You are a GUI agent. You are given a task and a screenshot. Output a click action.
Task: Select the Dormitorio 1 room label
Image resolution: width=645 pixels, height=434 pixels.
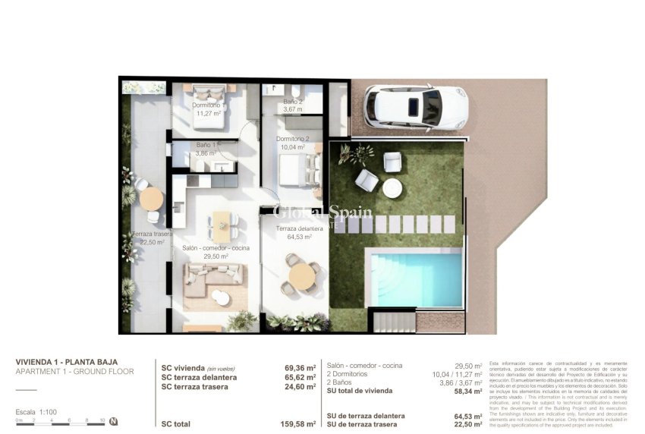(x=206, y=105)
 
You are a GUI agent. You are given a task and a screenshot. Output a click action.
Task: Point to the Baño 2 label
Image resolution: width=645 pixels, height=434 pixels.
(x=293, y=102)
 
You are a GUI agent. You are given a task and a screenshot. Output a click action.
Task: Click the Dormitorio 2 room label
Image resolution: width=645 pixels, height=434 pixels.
(x=292, y=139)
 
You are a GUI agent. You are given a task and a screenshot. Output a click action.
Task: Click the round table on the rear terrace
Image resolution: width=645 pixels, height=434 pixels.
(x=152, y=199)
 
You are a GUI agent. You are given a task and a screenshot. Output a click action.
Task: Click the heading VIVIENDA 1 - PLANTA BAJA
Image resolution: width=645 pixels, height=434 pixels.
(x=67, y=362)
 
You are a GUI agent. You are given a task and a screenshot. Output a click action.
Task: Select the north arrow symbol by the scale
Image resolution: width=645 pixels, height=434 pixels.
(x=113, y=421)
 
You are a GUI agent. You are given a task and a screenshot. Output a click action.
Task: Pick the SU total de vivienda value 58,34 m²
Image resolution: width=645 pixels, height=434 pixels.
(x=467, y=391)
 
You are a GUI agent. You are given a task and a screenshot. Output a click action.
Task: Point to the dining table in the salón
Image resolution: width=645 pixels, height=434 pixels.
(x=221, y=225)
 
